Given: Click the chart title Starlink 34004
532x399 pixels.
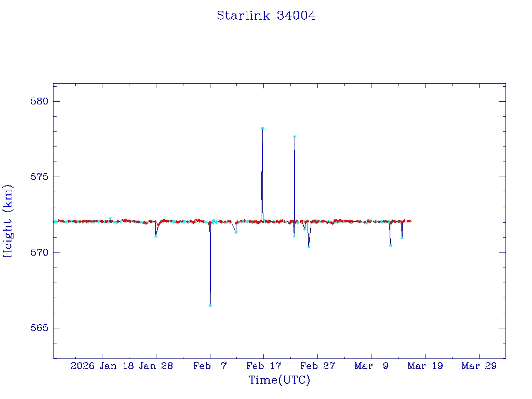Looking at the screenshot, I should tap(266, 16).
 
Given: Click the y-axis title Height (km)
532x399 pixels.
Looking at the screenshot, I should tap(8, 221).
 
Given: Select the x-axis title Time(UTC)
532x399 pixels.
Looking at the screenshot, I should tap(279, 380).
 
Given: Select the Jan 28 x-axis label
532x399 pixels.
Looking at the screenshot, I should tap(156, 366).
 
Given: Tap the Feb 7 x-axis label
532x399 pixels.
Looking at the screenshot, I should tap(210, 366).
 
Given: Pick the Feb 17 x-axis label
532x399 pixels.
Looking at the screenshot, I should tap(263, 366).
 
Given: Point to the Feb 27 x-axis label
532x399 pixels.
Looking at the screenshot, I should tap(317, 366).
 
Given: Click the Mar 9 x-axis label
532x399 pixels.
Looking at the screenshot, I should tap(371, 366).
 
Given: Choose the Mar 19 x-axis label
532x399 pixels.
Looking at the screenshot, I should tap(425, 366).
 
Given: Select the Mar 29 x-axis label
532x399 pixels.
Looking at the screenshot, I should tap(479, 366).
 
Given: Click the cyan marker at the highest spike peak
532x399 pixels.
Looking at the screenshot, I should tap(262, 128).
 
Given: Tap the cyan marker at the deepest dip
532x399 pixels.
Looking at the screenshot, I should tap(210, 305).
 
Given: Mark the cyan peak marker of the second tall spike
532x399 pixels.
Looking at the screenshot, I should tap(295, 137).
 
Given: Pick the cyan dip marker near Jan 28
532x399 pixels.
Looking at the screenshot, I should tap(156, 236).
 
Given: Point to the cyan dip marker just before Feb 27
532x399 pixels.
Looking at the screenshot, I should tap(309, 247).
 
